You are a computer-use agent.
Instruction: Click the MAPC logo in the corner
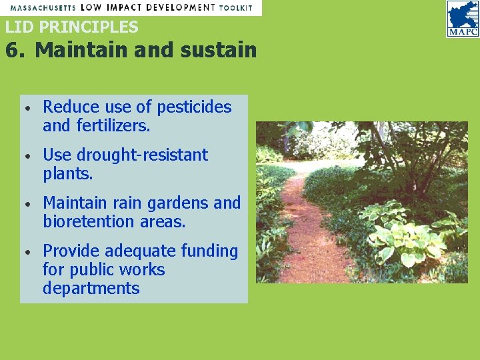pyautogui.click(x=463, y=19)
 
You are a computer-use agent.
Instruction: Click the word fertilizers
pyautogui.click(x=113, y=125)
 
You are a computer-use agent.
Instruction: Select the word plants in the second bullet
pyautogui.click(x=66, y=173)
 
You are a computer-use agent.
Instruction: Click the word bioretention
pyautogui.click(x=89, y=221)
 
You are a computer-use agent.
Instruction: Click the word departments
pyautogui.click(x=91, y=289)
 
